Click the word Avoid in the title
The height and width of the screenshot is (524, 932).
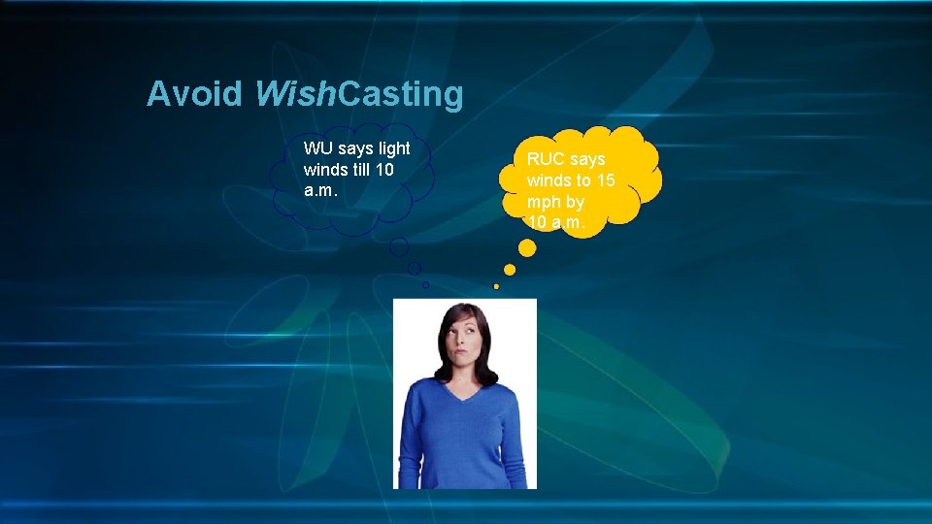click(194, 94)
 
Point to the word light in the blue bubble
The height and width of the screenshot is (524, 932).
click(393, 148)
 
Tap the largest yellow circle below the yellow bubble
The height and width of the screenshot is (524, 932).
click(527, 248)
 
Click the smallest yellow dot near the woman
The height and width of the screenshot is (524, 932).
click(496, 286)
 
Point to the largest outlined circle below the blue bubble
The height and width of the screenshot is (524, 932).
click(399, 247)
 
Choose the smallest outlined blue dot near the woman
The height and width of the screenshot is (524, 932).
click(425, 284)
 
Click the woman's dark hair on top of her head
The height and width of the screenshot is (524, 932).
click(461, 312)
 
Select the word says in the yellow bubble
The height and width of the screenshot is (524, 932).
click(587, 159)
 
